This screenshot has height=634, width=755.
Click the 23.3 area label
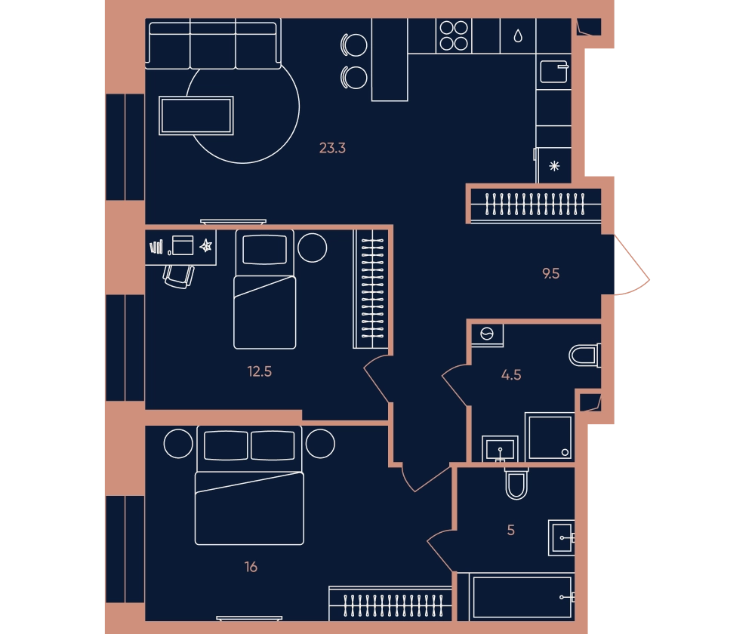pyautogui.click(x=332, y=148)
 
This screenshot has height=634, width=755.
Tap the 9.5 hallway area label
pyautogui.click(x=551, y=273)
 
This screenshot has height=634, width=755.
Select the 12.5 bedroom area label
pyautogui.click(x=260, y=371)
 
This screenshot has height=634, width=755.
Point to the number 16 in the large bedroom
pyautogui.click(x=251, y=567)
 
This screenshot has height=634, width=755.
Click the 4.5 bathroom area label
pyautogui.click(x=511, y=374)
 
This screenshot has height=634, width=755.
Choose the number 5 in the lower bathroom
pyautogui.click(x=511, y=530)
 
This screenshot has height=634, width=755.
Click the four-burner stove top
pyautogui.click(x=454, y=35)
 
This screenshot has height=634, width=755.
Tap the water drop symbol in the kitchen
pyautogui.click(x=518, y=35)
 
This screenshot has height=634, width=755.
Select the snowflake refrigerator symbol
pyautogui.click(x=554, y=166)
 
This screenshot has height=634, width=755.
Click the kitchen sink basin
pyautogui.click(x=553, y=72)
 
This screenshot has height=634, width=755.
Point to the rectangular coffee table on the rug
pyautogui.click(x=196, y=115)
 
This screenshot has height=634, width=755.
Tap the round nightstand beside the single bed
pyautogui.click(x=313, y=248)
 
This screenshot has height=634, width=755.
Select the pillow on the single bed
pyautogui.click(x=265, y=249)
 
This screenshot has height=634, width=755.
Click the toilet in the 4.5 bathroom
pyautogui.click(x=584, y=355)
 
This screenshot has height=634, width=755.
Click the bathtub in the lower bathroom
pyautogui.click(x=522, y=597)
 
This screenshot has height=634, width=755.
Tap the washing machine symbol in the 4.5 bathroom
pyautogui.click(x=487, y=334)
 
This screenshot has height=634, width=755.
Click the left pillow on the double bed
pyautogui.click(x=226, y=445)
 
